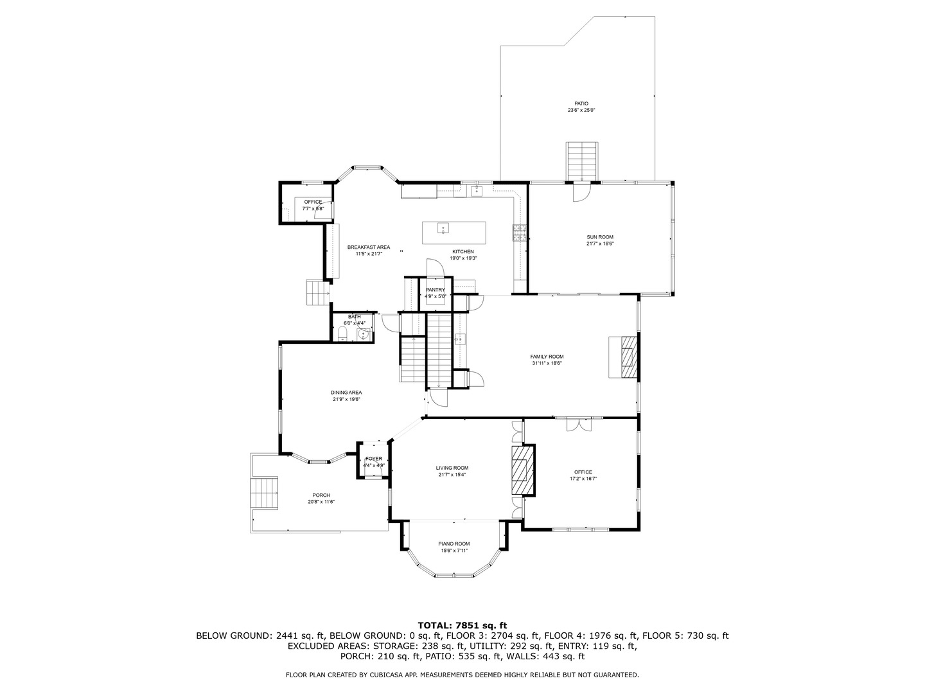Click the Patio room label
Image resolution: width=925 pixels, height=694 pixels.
tap(581, 103)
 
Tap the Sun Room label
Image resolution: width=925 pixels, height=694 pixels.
tap(599, 237)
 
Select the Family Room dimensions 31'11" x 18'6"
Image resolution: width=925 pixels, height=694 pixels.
tap(547, 363)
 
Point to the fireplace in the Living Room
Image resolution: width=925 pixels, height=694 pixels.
tap(522, 470)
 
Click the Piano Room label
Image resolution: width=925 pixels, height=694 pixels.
tap(454, 544)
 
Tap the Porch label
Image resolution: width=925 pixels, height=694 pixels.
tap(321, 495)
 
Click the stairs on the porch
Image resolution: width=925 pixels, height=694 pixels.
tap(265, 492)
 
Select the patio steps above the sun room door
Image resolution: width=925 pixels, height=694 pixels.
tap(582, 161)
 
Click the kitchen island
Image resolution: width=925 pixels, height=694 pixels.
tap(454, 232)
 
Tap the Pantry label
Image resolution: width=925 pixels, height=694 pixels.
tap(435, 290)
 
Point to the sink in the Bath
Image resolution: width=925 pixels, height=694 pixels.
tap(364, 334)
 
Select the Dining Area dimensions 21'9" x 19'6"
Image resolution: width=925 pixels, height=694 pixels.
tap(346, 399)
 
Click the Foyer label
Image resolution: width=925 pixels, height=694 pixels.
tap(373, 459)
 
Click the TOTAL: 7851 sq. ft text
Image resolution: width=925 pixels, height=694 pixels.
tap(462, 625)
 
